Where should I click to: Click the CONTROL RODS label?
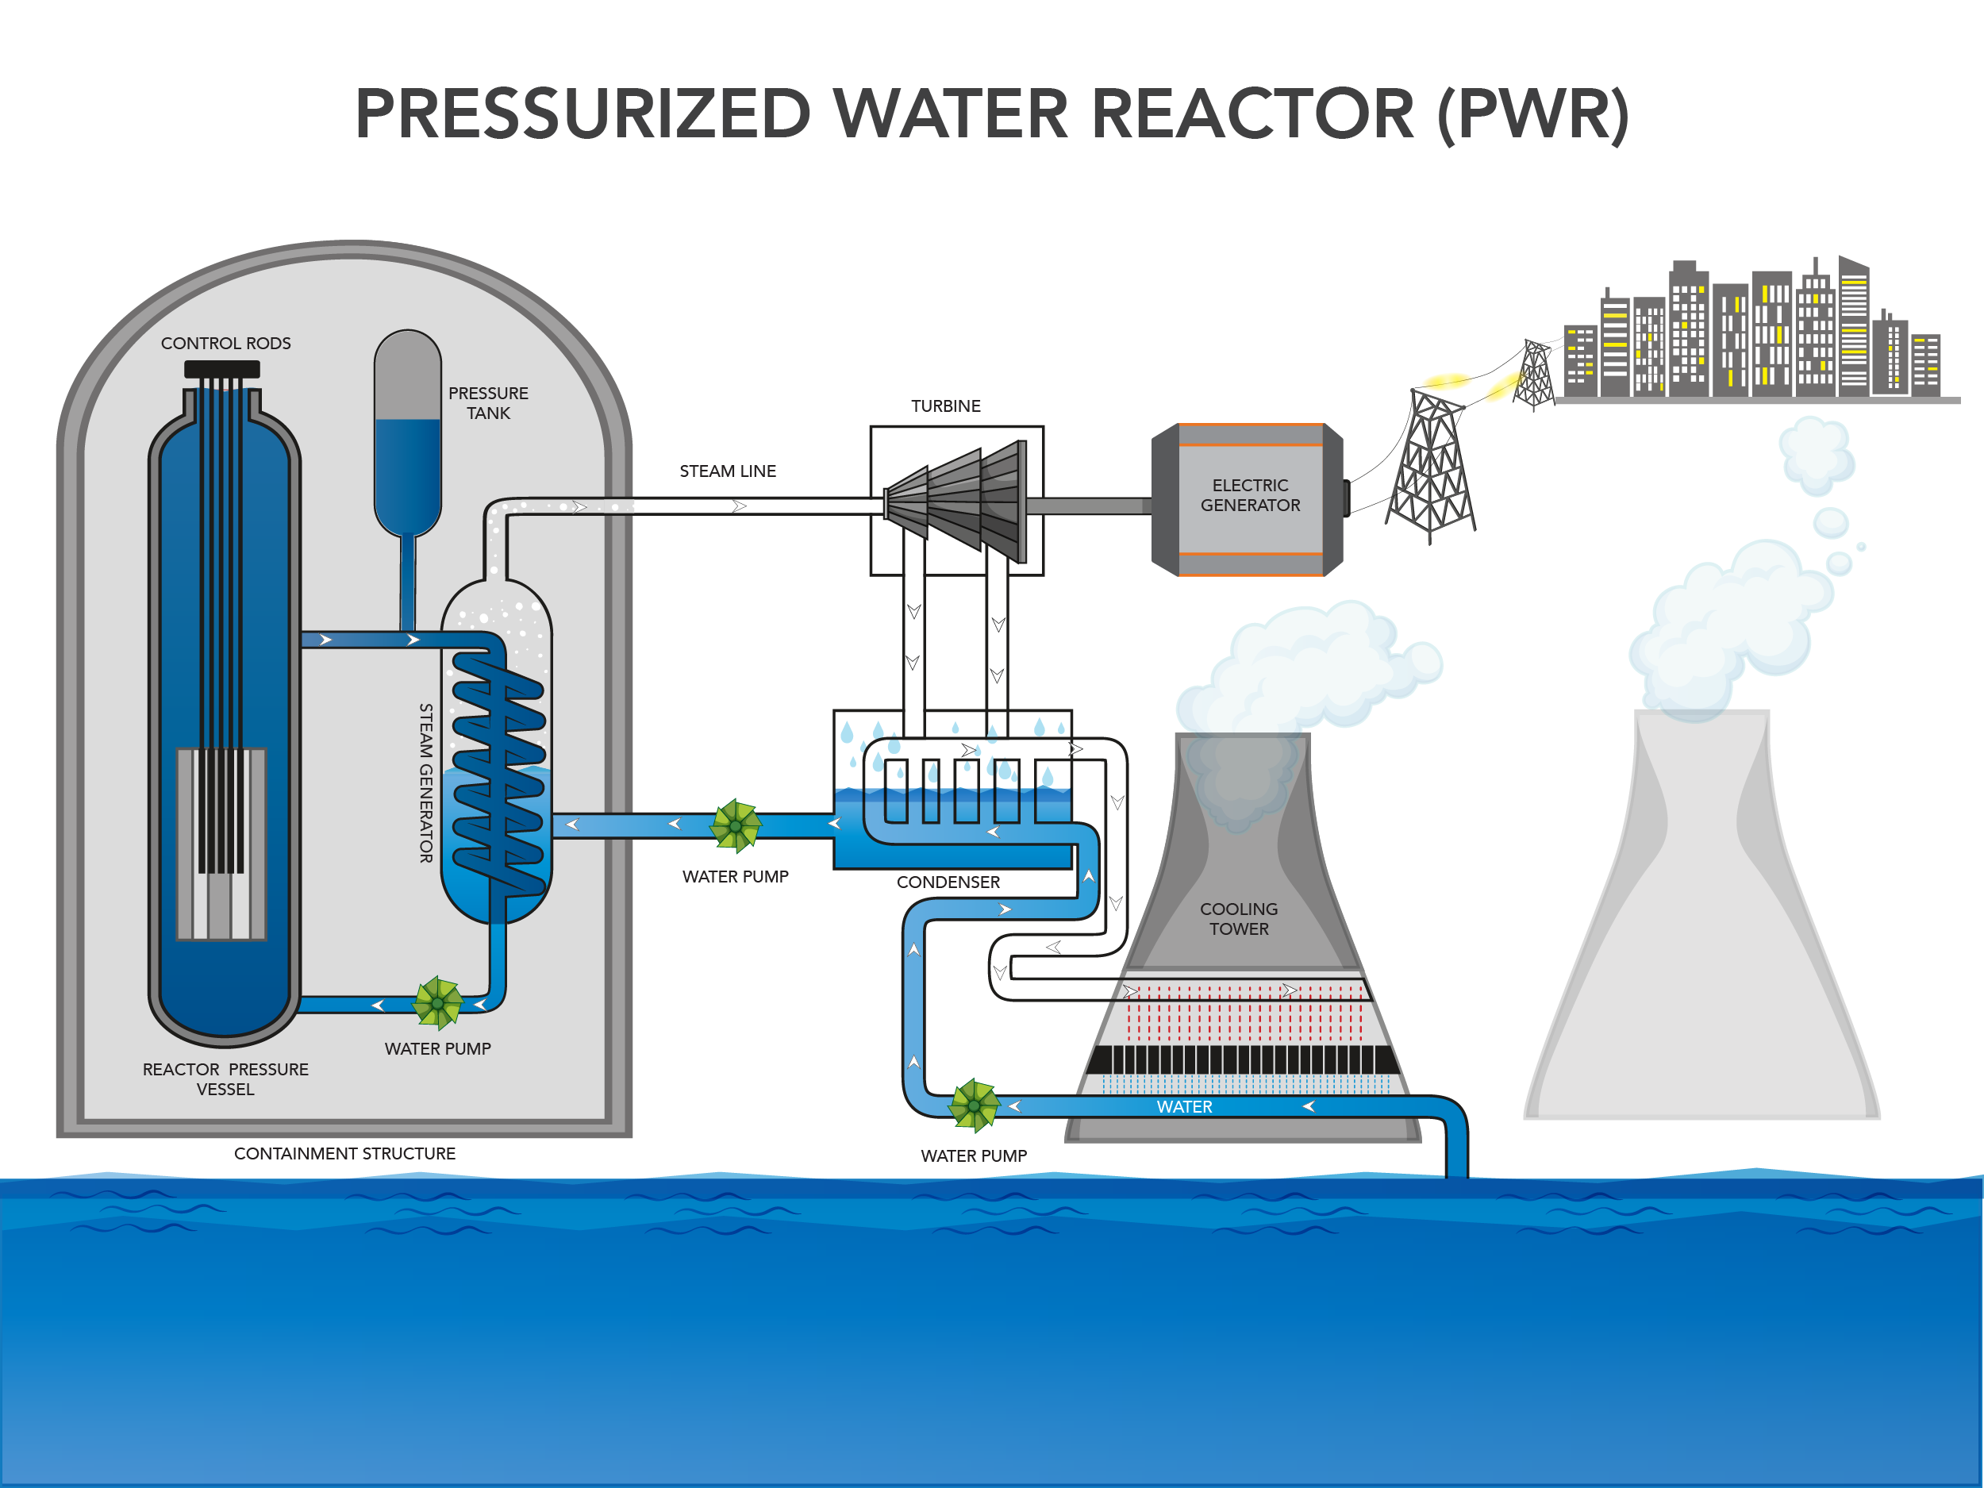coord(225,344)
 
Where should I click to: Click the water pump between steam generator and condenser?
coord(736,825)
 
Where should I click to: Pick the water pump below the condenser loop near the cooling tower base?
coord(974,1105)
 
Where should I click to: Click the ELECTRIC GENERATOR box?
coord(1249,498)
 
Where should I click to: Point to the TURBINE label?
coord(945,406)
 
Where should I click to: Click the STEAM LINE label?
coord(728,471)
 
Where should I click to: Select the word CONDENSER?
coord(948,882)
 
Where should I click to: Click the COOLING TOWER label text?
coord(1239,919)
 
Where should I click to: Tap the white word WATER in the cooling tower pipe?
coord(1184,1107)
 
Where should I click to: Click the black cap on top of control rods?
coord(221,369)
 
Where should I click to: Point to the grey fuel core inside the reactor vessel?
coord(221,843)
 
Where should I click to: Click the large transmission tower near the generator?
coord(1431,467)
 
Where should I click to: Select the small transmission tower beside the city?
coord(1535,375)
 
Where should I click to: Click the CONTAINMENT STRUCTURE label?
coord(344,1153)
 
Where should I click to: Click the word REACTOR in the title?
coord(1252,115)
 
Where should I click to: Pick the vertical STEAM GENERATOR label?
coord(426,782)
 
